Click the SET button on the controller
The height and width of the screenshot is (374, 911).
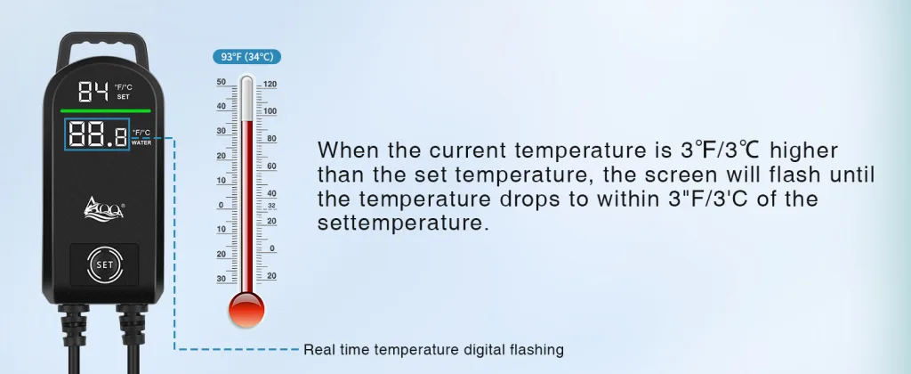pos(105,264)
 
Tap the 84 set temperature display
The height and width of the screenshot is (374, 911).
pos(93,92)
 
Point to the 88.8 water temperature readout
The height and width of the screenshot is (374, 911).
pos(97,134)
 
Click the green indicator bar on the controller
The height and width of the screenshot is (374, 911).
pos(105,110)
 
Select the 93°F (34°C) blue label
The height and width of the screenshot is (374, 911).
pos(247,57)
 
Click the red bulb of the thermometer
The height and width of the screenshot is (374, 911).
pos(247,310)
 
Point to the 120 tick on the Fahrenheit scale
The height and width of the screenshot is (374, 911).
pos(270,85)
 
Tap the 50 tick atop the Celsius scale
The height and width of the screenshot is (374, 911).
pos(222,82)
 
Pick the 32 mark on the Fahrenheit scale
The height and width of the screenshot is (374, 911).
pos(271,206)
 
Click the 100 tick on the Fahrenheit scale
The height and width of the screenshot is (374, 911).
pos(270,111)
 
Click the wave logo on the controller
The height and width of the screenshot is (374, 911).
pos(104,208)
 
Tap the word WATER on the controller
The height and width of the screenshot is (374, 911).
pos(141,142)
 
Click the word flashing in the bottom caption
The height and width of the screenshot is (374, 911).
pos(535,350)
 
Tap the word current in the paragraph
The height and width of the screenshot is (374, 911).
pos(468,150)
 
